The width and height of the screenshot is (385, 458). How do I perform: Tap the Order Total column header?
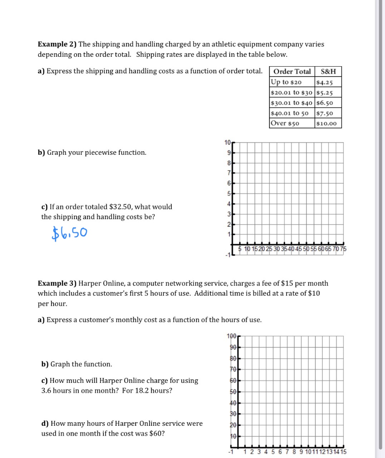292,72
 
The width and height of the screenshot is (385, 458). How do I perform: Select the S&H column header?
328,72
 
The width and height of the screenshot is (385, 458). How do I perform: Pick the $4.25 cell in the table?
324,82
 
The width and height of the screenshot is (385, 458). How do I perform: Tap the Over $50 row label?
285,123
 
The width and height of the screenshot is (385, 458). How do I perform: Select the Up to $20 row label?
286,82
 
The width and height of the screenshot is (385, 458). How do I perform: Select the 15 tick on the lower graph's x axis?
343,452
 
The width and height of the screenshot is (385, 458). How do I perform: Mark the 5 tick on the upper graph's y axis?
229,194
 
